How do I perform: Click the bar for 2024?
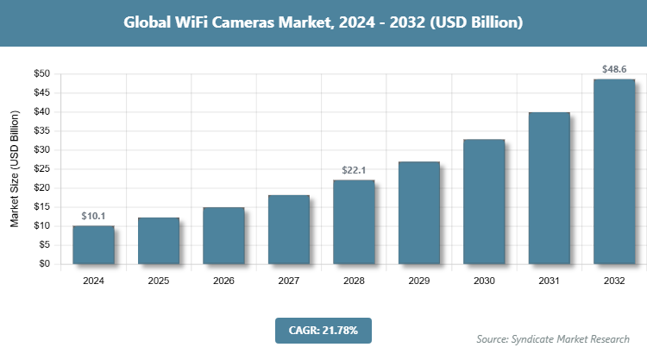(93, 244)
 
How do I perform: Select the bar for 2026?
(223, 236)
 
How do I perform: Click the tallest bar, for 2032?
(614, 172)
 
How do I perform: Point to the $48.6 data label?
(614, 68)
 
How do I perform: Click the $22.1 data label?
(354, 169)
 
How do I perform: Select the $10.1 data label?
(93, 215)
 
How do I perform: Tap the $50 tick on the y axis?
(41, 73)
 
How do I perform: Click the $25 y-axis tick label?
(41, 169)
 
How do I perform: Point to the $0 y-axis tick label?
(44, 264)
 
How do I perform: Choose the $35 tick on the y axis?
(41, 131)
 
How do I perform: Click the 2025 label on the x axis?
(159, 281)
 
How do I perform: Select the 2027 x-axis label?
(289, 281)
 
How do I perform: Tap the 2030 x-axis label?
(484, 281)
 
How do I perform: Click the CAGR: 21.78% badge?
(323, 330)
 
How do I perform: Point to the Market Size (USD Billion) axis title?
(15, 169)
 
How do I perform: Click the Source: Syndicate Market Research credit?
(553, 338)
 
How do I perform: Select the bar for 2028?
(354, 222)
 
